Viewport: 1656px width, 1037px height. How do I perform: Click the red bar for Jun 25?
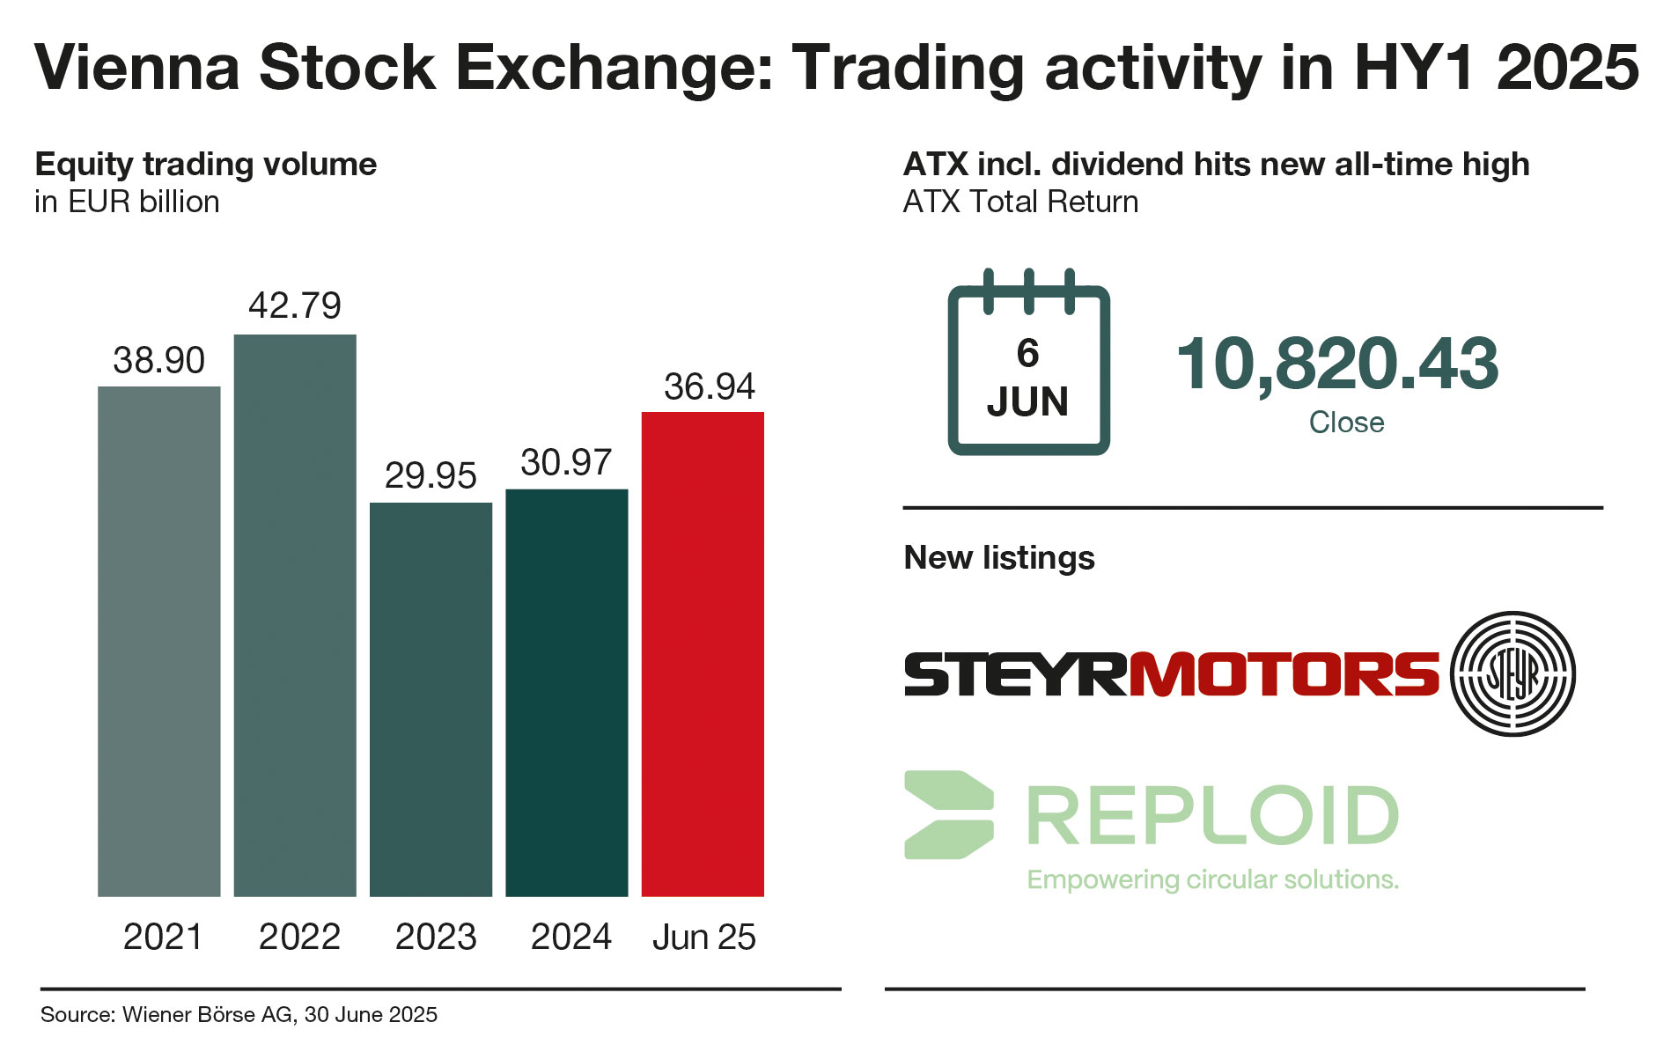(x=703, y=653)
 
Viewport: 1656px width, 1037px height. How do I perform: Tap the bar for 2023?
(x=431, y=699)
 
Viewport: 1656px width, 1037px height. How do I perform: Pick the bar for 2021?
(x=158, y=641)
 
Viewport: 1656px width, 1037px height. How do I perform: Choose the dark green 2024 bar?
(x=566, y=692)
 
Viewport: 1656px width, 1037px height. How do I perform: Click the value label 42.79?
(x=295, y=305)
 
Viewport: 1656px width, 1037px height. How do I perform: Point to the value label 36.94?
(x=709, y=386)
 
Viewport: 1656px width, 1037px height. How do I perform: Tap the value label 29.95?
(x=431, y=475)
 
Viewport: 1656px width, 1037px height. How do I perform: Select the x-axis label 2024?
(x=570, y=937)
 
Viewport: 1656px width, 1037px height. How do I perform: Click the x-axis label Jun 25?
(x=703, y=937)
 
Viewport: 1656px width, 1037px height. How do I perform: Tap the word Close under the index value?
(x=1346, y=423)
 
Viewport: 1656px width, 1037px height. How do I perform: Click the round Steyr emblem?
(x=1512, y=673)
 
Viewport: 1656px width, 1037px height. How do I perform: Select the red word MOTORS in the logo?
(x=1284, y=674)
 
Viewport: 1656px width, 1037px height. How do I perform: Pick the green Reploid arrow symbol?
(x=948, y=814)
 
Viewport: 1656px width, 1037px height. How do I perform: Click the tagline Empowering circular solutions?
(x=1212, y=879)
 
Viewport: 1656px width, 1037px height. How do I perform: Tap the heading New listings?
(x=999, y=557)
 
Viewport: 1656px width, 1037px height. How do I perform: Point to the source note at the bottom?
(x=239, y=1015)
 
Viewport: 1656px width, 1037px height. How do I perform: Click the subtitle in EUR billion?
(x=127, y=202)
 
